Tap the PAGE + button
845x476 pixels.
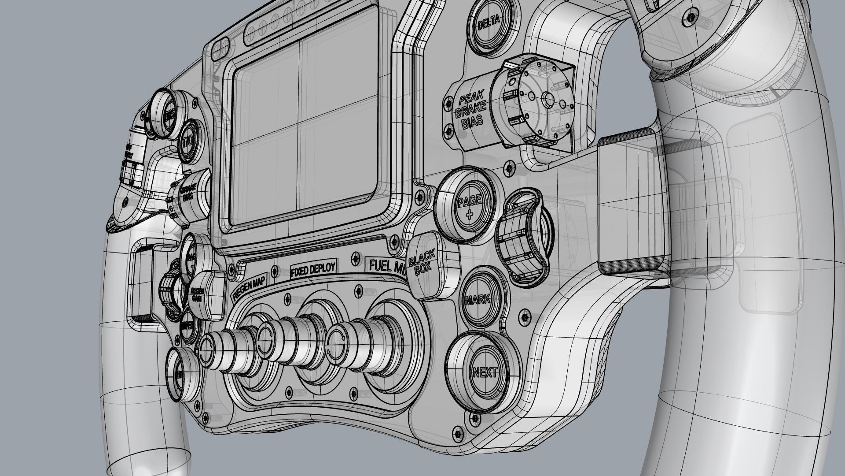[469, 206]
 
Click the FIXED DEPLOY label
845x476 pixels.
[313, 269]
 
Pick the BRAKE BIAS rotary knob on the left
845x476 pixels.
[189, 196]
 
